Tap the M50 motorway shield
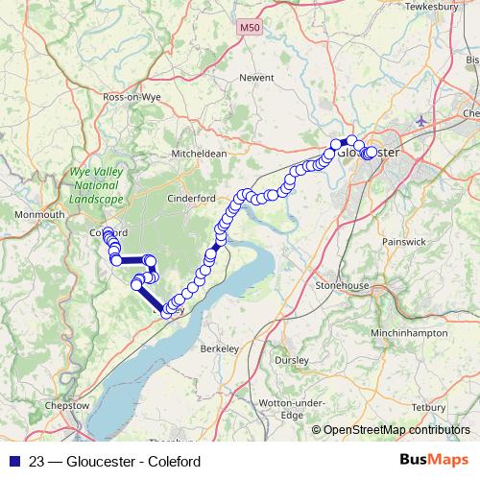pos(250,29)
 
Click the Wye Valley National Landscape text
pos(97,185)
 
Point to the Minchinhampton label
pos(408,331)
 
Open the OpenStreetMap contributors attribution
pos(396,430)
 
